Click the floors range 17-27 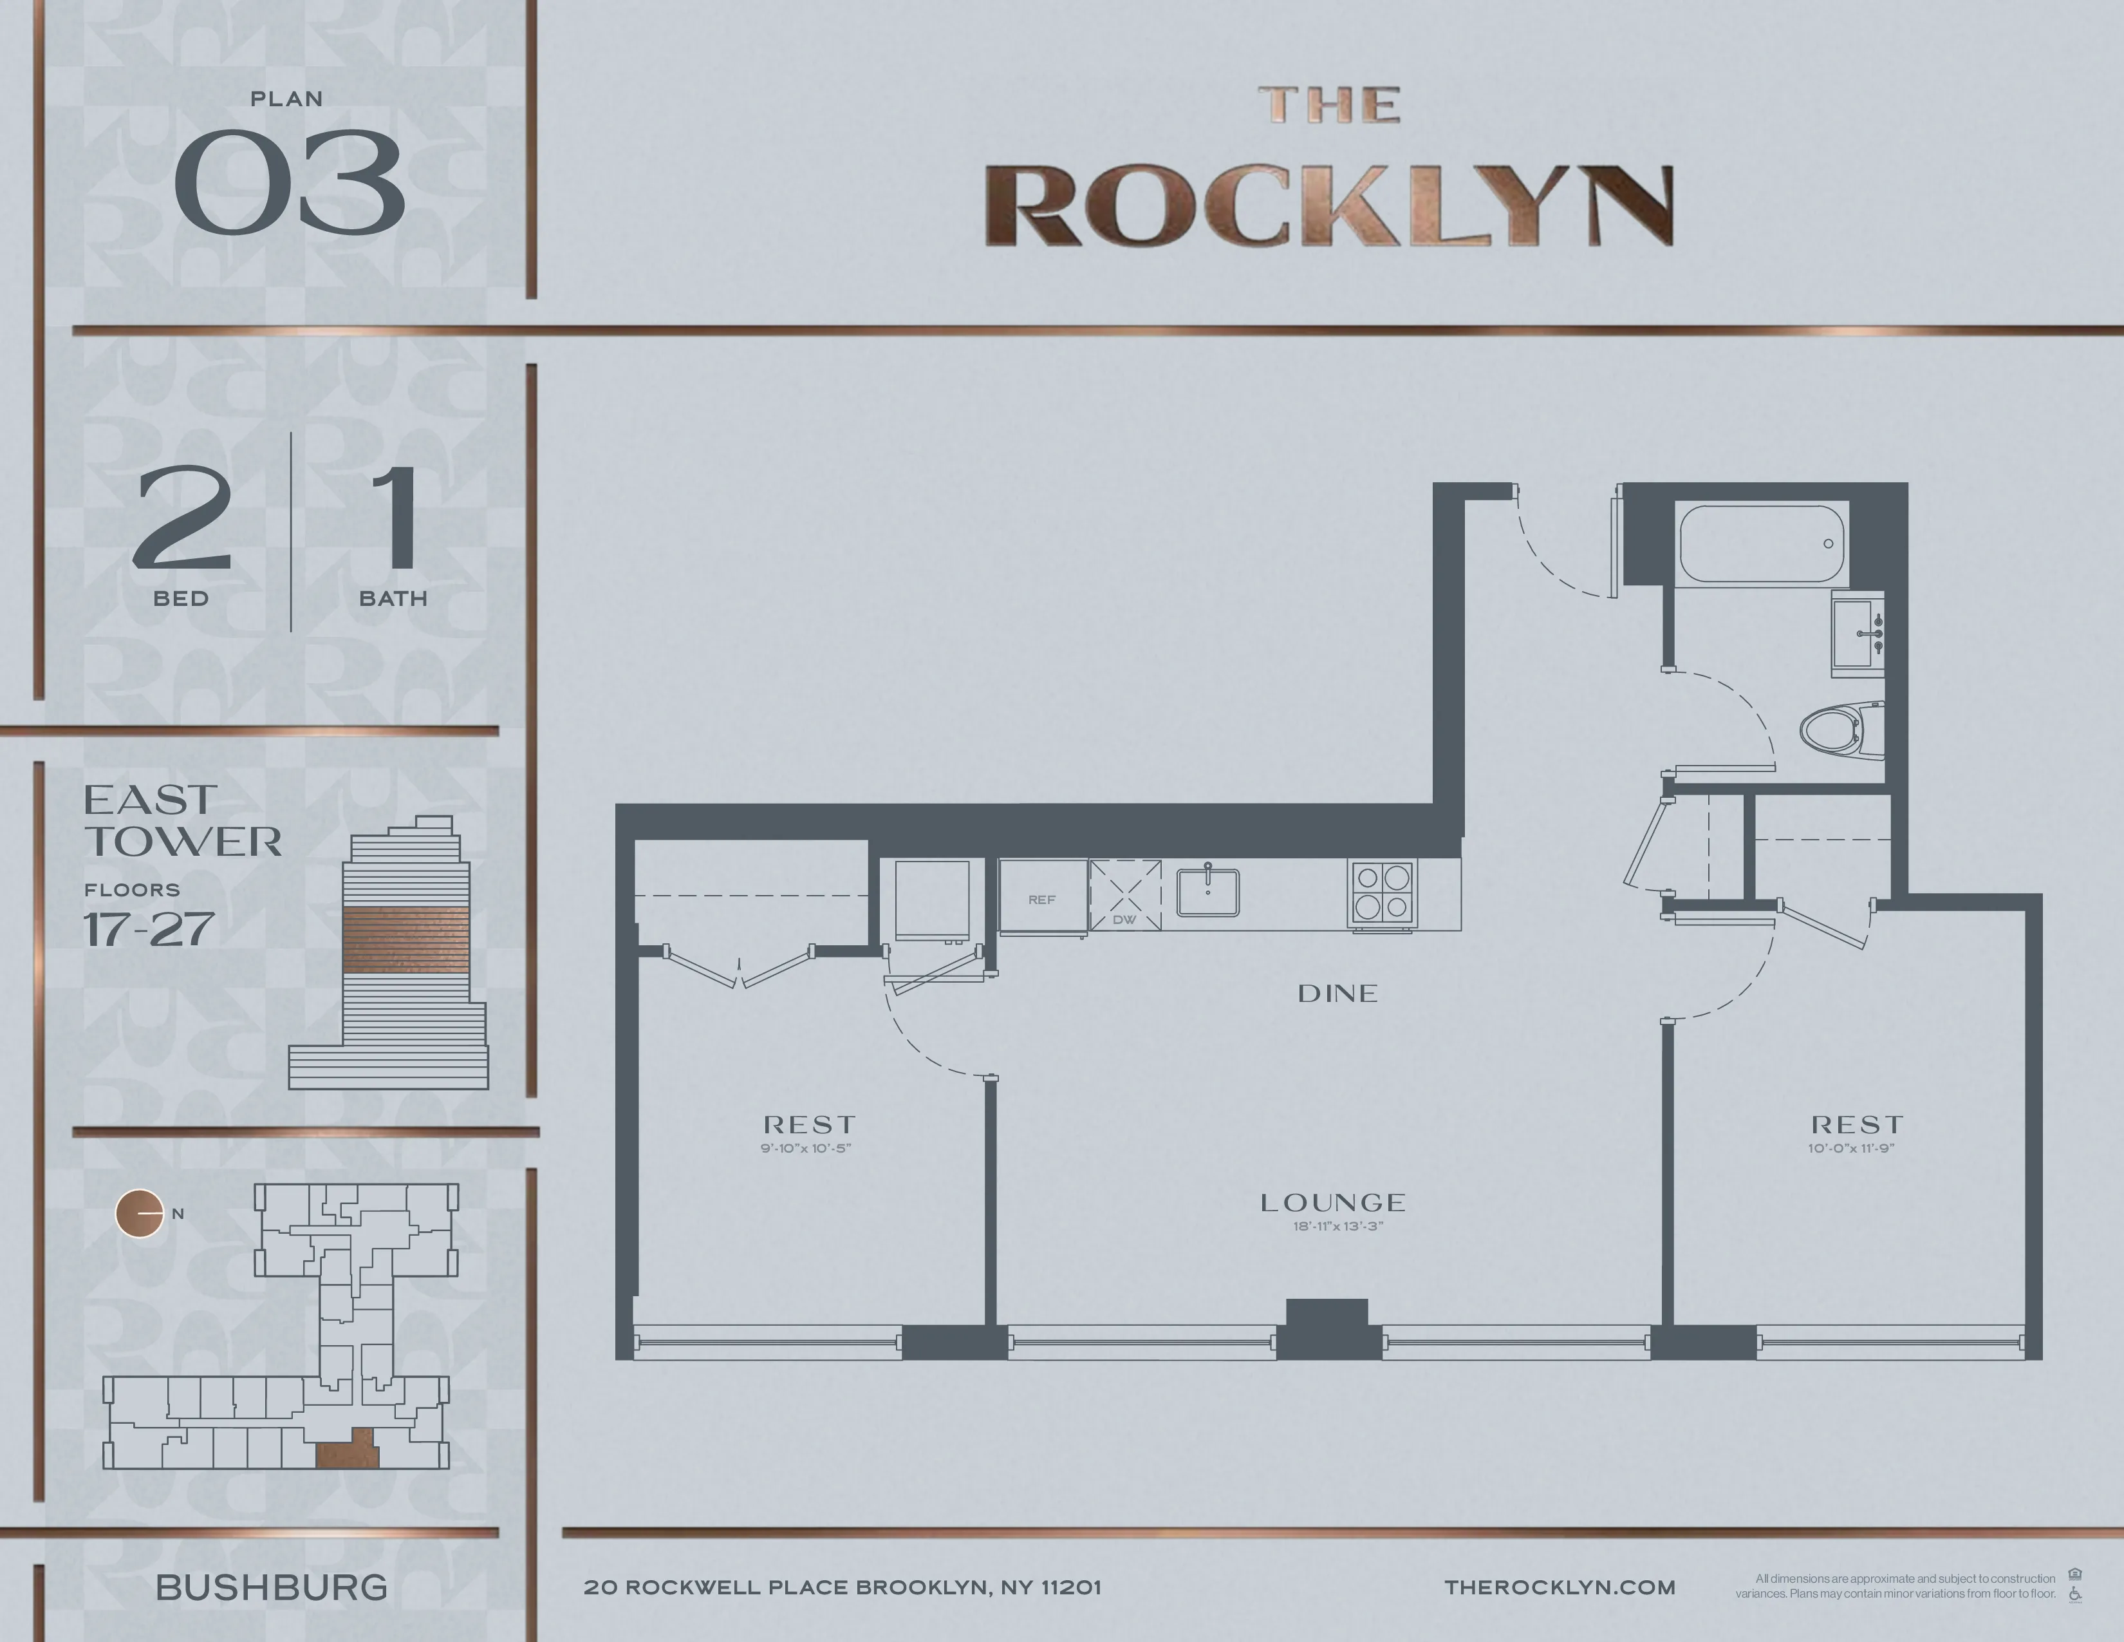coord(149,930)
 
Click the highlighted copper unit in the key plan coord(347,1453)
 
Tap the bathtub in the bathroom coord(1762,543)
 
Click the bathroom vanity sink coord(1856,633)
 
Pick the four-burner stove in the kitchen coord(1382,891)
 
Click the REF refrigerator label coord(1041,900)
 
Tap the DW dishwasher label coord(1124,920)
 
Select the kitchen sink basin coord(1208,892)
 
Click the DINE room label coord(1337,993)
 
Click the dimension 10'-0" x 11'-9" coord(1852,1149)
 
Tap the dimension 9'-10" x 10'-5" coord(806,1149)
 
